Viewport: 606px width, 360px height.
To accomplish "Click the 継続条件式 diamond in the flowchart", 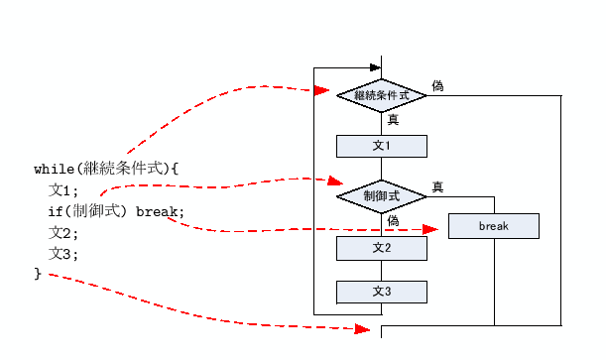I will click(381, 95).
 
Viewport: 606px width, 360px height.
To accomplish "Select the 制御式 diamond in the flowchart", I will click(381, 195).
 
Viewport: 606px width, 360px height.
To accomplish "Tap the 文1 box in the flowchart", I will click(381, 146).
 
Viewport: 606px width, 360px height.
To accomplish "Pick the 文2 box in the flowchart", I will click(381, 247).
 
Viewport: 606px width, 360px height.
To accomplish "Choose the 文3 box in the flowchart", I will click(381, 292).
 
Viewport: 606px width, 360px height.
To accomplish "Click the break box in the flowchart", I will click(493, 226).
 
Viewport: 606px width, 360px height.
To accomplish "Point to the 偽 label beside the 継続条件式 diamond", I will click(437, 86).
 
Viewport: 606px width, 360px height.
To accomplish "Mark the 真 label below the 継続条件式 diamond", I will click(393, 119).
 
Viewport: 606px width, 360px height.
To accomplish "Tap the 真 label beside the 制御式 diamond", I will click(437, 186).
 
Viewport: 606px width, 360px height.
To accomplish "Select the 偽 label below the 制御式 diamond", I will click(393, 220).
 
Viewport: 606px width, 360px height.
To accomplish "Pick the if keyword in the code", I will click(56, 211).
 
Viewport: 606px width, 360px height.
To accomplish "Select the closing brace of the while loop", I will click(38, 273).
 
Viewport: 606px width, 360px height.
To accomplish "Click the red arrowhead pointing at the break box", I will click(429, 229).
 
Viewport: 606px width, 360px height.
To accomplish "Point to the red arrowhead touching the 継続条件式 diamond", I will click(321, 90).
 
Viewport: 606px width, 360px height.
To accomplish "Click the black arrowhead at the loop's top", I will click(375, 67).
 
